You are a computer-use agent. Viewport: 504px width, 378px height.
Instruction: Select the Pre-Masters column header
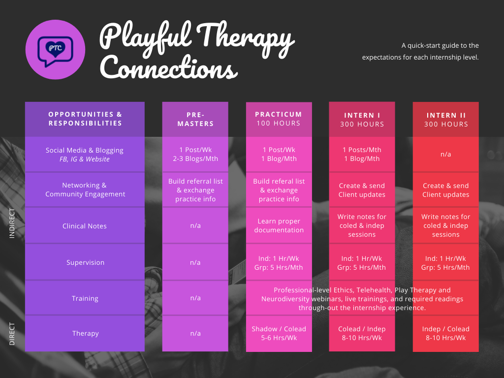pos(195,119)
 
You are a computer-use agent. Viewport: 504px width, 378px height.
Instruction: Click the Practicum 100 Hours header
pos(279,119)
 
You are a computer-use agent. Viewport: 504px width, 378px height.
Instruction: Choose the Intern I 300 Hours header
pos(362,120)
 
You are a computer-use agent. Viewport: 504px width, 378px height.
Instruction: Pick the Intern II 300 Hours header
pos(445,120)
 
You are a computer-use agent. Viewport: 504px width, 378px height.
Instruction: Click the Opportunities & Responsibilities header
pos(85,119)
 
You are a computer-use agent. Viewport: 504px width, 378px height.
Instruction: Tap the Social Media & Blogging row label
pos(85,155)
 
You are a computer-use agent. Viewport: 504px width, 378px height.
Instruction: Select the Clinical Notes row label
pos(85,226)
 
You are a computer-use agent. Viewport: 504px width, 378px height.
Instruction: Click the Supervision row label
pos(85,262)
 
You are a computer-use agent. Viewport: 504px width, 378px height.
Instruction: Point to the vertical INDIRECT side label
pos(12,223)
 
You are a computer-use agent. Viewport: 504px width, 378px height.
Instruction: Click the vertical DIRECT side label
pos(12,334)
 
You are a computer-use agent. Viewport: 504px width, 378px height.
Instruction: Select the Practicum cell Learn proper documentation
pos(279,225)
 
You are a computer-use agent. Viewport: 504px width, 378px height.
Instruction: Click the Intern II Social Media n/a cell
pos(445,154)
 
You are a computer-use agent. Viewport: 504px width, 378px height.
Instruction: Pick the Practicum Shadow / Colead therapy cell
pos(279,333)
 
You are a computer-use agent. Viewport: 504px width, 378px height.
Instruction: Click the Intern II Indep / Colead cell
pos(445,333)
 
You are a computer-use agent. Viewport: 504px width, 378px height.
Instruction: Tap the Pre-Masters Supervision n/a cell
pos(195,262)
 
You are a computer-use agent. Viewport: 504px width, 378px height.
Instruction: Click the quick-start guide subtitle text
pos(420,51)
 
